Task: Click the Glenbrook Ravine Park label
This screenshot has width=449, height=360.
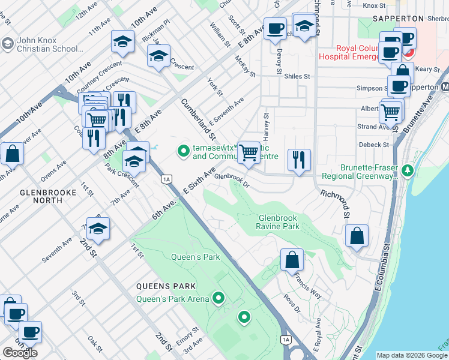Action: coord(278,222)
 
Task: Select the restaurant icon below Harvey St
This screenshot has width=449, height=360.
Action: coord(299,160)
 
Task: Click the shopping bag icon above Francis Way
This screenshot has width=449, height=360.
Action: coord(292,260)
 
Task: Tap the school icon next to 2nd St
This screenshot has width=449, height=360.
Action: coord(98,228)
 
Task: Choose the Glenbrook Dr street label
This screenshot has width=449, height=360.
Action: coord(231,177)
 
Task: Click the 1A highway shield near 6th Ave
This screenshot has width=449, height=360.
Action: coord(167,179)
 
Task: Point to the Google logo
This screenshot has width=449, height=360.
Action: coord(20,353)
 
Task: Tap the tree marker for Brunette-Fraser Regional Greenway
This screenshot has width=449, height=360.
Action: coord(408,171)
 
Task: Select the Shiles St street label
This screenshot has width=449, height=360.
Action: coord(297,76)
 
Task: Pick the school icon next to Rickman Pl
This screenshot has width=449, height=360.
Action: coord(122,41)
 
